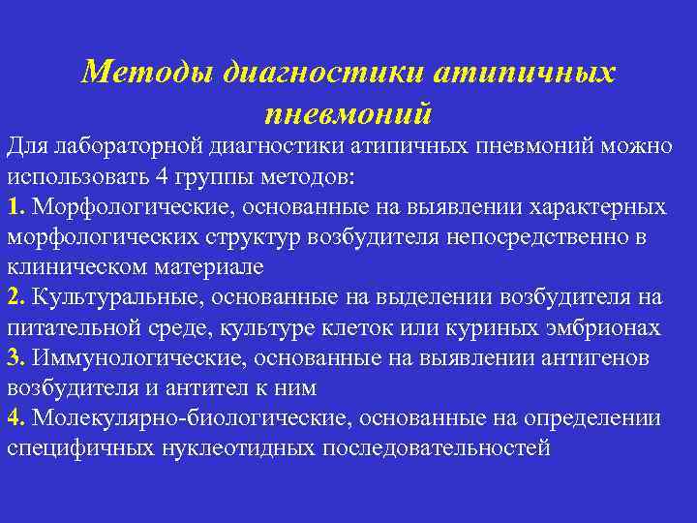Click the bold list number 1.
(x=15, y=207)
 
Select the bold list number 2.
(x=15, y=297)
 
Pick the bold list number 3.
(x=15, y=358)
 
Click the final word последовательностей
(x=436, y=448)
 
